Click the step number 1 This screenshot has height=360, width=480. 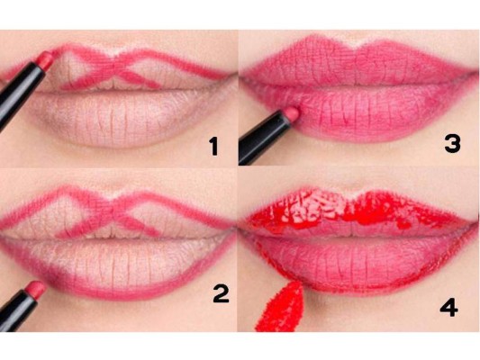pos(213,147)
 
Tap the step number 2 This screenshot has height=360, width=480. pos(221,293)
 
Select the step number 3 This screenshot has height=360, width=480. pos(452,144)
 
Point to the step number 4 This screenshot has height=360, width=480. pos(448,307)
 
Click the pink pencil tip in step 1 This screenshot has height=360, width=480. pos(45,59)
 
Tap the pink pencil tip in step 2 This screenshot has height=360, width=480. pos(35,289)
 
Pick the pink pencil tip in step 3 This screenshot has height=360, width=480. pos(291,113)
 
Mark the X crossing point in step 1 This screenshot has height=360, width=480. pos(116,65)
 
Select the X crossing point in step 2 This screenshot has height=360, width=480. pos(115,208)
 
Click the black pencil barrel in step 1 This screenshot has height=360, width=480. pos(18,94)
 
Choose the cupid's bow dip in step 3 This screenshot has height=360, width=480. pos(354,46)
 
